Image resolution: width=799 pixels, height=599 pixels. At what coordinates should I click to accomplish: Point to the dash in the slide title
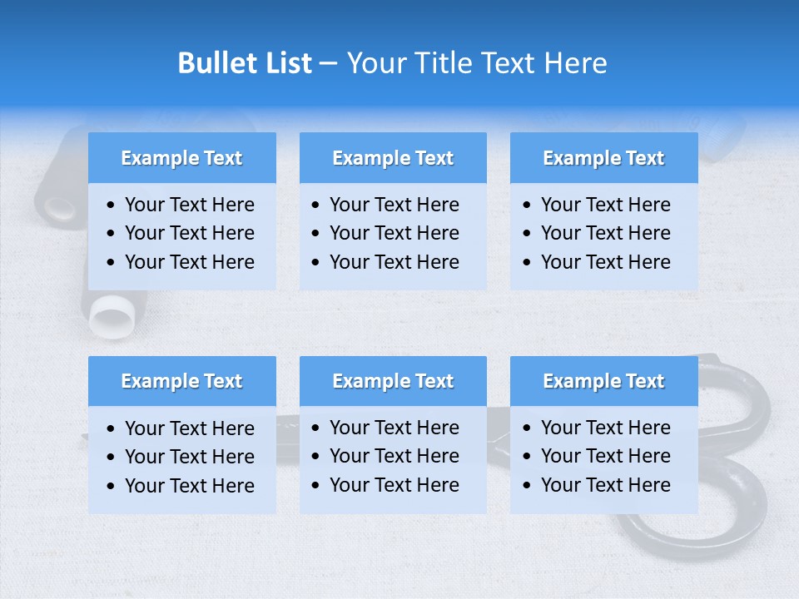pyautogui.click(x=328, y=64)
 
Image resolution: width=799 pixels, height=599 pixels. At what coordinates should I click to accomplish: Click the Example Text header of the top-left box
pyautogui.click(x=181, y=158)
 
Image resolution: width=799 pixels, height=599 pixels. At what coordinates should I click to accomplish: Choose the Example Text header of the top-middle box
pyautogui.click(x=393, y=158)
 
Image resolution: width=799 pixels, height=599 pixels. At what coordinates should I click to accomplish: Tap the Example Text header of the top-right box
pyautogui.click(x=603, y=158)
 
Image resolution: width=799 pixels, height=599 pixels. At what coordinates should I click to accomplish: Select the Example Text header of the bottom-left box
pyautogui.click(x=181, y=381)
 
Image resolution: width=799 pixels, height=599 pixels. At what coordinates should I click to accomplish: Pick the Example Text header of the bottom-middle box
pyautogui.click(x=393, y=381)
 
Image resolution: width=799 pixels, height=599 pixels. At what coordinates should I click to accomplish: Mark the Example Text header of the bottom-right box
pyautogui.click(x=603, y=381)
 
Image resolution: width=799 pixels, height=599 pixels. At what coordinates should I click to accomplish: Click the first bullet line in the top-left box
pyautogui.click(x=189, y=205)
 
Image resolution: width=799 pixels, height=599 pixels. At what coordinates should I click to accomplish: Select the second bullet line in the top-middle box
pyautogui.click(x=394, y=233)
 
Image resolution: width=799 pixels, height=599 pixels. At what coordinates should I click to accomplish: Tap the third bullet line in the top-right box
pyautogui.click(x=605, y=262)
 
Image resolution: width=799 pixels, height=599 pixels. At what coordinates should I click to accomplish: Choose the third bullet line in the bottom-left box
pyautogui.click(x=189, y=486)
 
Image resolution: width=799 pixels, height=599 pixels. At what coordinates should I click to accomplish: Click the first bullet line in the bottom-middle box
pyautogui.click(x=394, y=428)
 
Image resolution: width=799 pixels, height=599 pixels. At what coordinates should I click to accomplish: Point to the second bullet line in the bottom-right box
pyautogui.click(x=605, y=456)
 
